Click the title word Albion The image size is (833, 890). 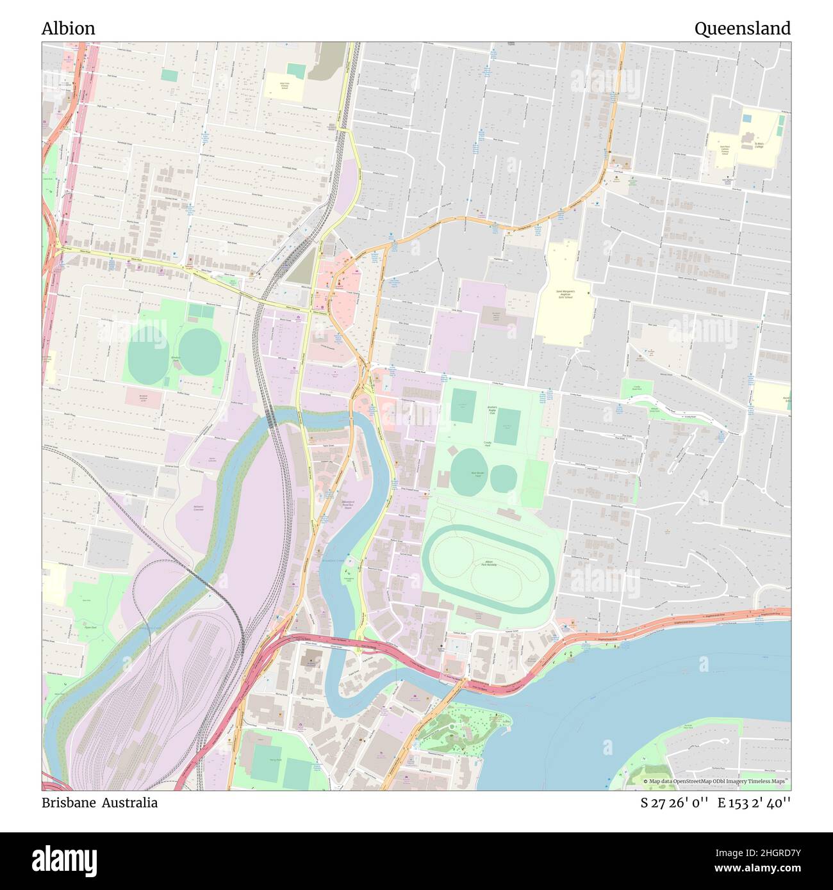[x=68, y=28]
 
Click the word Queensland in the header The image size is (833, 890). [x=742, y=28]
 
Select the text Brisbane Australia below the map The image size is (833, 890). [x=99, y=803]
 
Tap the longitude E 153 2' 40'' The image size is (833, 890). [x=754, y=803]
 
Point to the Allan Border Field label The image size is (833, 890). [x=477, y=474]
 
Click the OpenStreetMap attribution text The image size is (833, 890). [x=716, y=782]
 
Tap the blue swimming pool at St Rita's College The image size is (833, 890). [x=747, y=119]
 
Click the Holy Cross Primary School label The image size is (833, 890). [x=284, y=86]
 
